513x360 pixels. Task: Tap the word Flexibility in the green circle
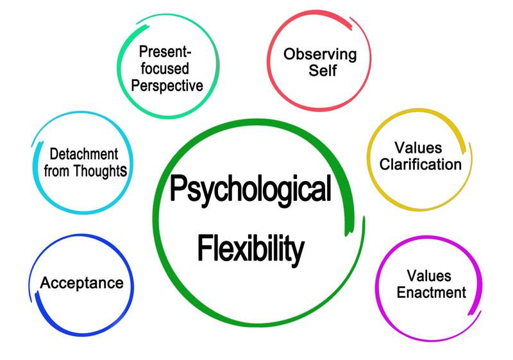pyautogui.click(x=250, y=248)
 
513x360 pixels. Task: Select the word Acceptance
pyautogui.click(x=81, y=282)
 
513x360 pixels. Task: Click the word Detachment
pyautogui.click(x=83, y=155)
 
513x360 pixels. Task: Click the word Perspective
pyautogui.click(x=169, y=85)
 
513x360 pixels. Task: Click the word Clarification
pyautogui.click(x=420, y=164)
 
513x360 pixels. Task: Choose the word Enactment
pyautogui.click(x=431, y=293)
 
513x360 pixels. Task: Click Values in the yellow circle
pyautogui.click(x=420, y=148)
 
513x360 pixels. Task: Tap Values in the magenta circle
pyautogui.click(x=430, y=276)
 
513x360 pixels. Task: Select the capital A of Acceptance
pyautogui.click(x=46, y=282)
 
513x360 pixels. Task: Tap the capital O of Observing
pyautogui.click(x=290, y=53)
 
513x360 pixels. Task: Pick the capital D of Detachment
pyautogui.click(x=54, y=155)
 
